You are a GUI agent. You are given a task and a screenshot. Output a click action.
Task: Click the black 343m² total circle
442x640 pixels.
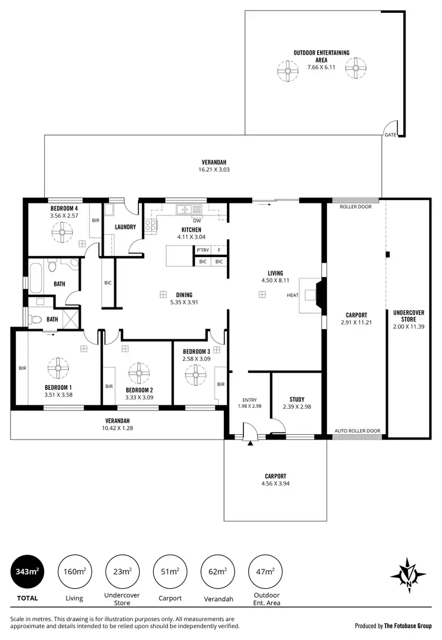tap(27, 571)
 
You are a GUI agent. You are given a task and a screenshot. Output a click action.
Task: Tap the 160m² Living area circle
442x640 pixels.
tap(74, 571)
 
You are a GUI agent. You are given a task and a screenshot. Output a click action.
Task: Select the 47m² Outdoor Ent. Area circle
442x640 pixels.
tap(265, 571)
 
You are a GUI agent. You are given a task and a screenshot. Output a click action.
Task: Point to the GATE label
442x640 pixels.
tap(390, 135)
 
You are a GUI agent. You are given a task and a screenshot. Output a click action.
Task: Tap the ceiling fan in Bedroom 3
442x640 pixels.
tap(195, 374)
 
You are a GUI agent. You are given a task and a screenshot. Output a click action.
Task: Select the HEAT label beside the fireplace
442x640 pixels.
tap(292, 295)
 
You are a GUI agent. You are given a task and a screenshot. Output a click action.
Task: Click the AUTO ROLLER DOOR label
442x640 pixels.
tap(357, 431)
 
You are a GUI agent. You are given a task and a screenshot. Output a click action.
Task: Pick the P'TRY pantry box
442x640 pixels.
tap(203, 250)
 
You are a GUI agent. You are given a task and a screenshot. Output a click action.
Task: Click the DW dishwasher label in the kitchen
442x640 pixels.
tap(197, 221)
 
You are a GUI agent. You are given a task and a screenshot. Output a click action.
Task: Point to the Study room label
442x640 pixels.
tap(296, 399)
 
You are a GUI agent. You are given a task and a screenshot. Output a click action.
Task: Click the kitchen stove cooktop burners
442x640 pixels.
tap(150, 224)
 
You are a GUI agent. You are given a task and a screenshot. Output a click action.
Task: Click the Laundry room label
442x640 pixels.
tap(126, 227)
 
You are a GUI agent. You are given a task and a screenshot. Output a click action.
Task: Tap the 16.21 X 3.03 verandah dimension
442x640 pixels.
tap(214, 170)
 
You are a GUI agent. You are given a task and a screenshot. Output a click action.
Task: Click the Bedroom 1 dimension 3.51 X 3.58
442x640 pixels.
tap(58, 395)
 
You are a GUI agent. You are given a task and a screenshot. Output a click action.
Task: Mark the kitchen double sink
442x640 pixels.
tap(189, 208)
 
